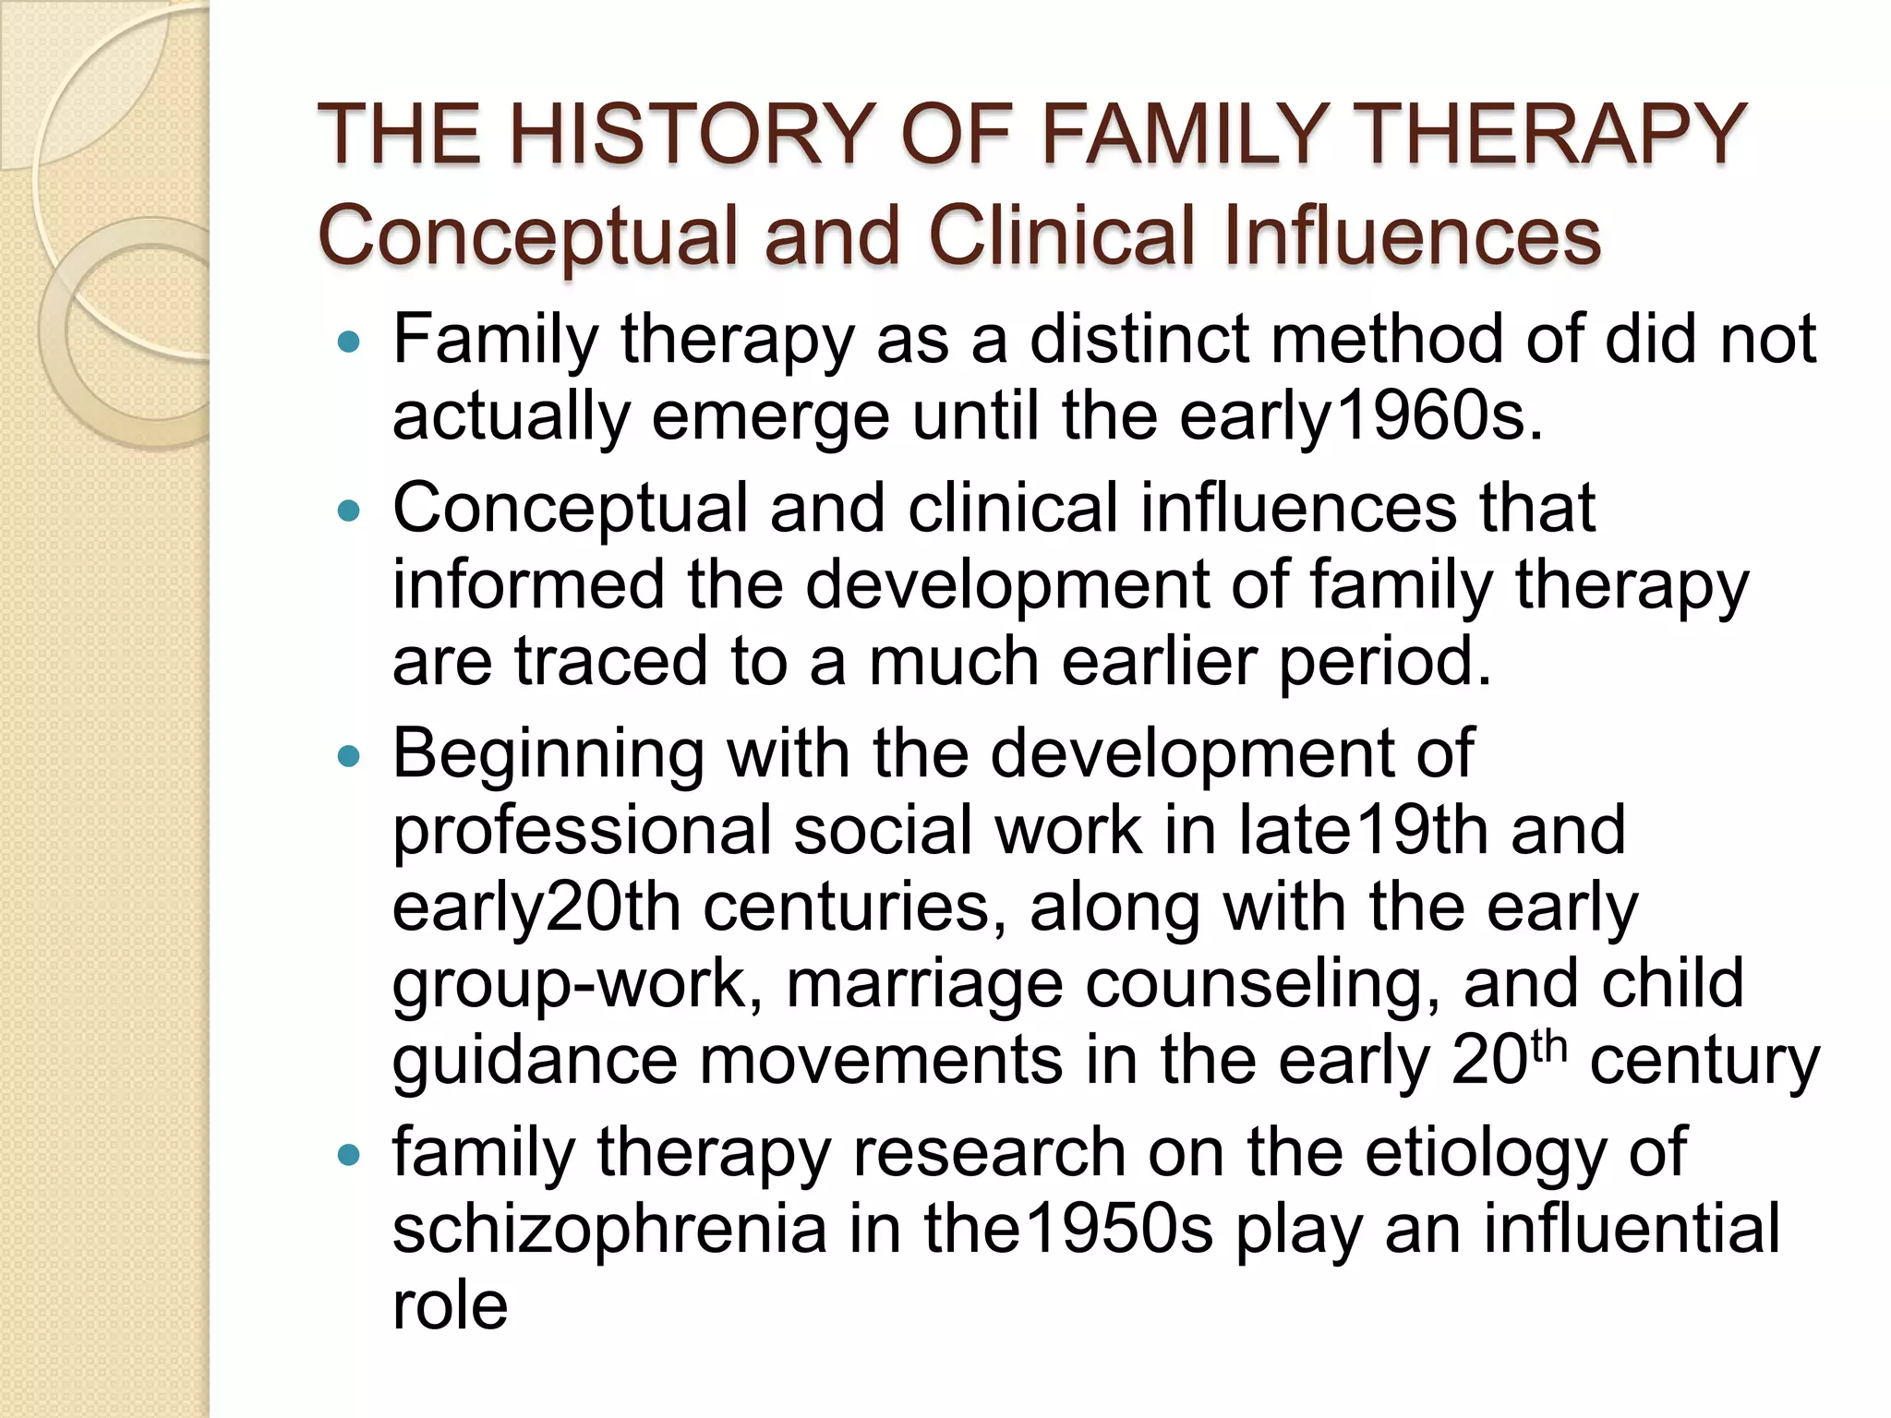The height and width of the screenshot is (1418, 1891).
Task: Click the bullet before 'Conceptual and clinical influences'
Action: [x=349, y=511]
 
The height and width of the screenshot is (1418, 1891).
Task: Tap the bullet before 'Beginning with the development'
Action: [x=349, y=756]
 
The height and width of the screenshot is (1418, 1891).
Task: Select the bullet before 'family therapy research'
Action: [x=349, y=1154]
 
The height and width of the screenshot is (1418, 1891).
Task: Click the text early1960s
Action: [x=1361, y=416]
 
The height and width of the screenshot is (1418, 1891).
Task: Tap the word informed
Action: [x=528, y=584]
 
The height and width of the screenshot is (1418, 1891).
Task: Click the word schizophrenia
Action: [x=609, y=1231]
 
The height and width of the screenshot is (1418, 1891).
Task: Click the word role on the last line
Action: [x=450, y=1305]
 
